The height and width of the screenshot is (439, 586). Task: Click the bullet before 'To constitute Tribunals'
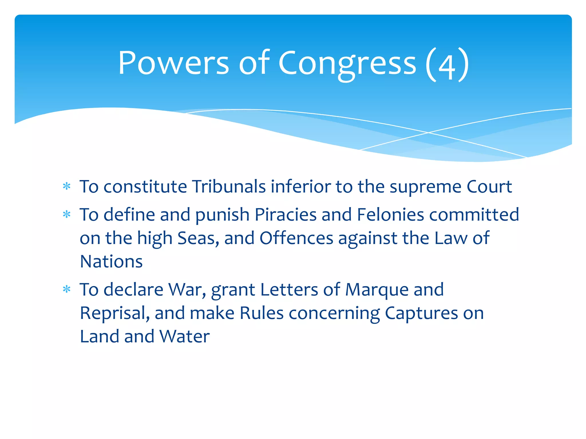(67, 187)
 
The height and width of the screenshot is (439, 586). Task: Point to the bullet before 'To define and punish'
(67, 215)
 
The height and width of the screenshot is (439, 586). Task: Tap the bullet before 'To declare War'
(67, 290)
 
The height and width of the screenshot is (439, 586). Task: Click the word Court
(489, 187)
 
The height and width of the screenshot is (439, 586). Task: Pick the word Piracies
(285, 214)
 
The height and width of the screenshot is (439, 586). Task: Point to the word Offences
(296, 238)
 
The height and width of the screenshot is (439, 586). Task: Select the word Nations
(111, 261)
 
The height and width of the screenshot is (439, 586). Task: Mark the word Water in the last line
(185, 336)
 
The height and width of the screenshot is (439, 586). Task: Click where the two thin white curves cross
(429, 133)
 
